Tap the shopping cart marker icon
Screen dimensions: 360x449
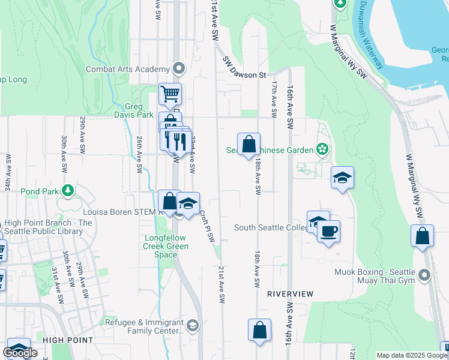point(170,94)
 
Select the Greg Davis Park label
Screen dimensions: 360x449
point(134,110)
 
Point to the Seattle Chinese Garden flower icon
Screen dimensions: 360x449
point(322,149)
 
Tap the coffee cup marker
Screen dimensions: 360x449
point(328,231)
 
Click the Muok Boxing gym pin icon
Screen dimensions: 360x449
point(425,275)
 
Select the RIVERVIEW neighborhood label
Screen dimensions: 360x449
point(291,294)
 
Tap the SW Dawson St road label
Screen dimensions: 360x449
point(244,67)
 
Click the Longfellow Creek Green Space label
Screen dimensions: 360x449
point(166,246)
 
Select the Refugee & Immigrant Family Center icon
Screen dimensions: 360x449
point(192,326)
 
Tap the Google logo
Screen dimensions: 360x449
point(20,352)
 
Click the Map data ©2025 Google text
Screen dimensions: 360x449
point(412,355)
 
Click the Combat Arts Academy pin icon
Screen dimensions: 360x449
point(178,68)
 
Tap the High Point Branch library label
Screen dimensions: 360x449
point(48,227)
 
